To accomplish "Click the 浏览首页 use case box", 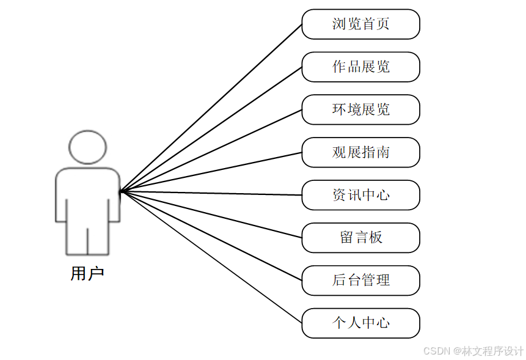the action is tap(360, 24).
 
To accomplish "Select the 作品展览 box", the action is tap(360, 67).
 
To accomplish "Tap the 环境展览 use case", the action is tap(360, 109).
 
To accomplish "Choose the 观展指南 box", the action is tap(360, 152).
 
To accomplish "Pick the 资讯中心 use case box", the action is tap(360, 195).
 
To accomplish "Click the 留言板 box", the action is tap(360, 238).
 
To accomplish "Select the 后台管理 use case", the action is tap(360, 281).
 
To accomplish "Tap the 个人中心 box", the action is tap(360, 323).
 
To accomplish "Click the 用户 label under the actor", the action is tap(87, 274).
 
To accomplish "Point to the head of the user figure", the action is tap(88, 147).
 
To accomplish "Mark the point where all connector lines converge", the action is tap(122, 191).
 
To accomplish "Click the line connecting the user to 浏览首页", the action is tap(211, 108).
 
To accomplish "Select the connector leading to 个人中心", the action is tap(211, 257).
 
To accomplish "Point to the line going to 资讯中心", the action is tap(211, 193).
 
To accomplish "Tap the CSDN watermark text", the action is tap(473, 351).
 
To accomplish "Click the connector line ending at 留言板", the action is tap(211, 215).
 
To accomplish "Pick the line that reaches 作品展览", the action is tap(211, 129).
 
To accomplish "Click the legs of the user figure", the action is tap(88, 241).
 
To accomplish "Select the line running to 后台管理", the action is tap(211, 235).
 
